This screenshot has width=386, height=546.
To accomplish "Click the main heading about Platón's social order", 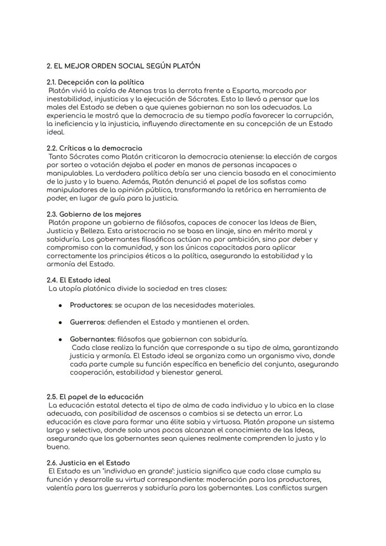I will (x=124, y=66).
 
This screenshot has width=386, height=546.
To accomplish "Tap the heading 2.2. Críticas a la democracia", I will (x=94, y=148).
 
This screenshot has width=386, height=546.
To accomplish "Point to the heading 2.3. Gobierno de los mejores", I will (x=94, y=214).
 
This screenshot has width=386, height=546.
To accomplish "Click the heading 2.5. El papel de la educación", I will (x=95, y=397).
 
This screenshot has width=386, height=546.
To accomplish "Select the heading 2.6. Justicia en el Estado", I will (x=88, y=463).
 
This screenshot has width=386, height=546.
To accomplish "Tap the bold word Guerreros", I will (x=88, y=322).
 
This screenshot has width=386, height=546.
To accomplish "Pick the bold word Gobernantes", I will (x=92, y=339).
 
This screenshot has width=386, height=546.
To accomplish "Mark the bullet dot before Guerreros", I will (x=61, y=322).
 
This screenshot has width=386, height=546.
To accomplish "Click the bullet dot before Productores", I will (x=61, y=305).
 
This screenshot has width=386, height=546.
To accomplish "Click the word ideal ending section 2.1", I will (x=55, y=132).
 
